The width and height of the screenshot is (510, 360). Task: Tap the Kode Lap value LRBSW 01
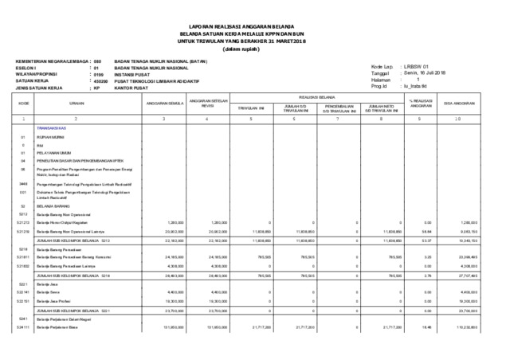[x=417, y=66]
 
